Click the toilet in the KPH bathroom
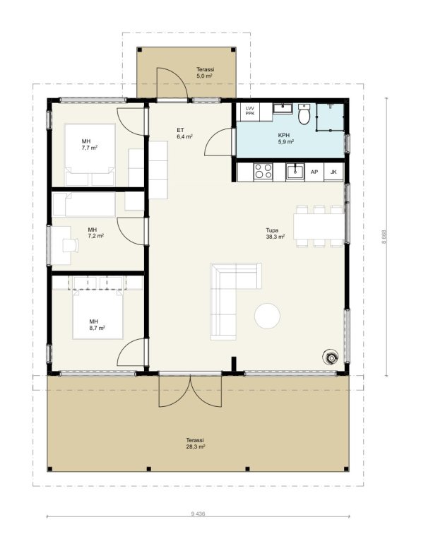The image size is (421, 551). pyautogui.click(x=304, y=114)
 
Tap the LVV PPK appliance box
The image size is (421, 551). pyautogui.click(x=249, y=111)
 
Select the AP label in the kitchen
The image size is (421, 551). pyautogui.click(x=314, y=172)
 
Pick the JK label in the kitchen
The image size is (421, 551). pyautogui.click(x=333, y=172)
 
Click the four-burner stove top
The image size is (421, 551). pyautogui.click(x=263, y=172)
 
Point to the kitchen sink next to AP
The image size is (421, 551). pyautogui.click(x=295, y=172)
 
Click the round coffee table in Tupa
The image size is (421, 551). pyautogui.click(x=267, y=316)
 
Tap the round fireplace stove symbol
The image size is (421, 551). pyautogui.click(x=331, y=357)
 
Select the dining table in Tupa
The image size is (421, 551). pyautogui.click(x=319, y=225)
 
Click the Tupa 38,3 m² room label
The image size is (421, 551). pyautogui.click(x=275, y=234)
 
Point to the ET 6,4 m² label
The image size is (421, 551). pyautogui.click(x=184, y=134)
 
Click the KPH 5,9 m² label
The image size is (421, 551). pyautogui.click(x=285, y=138)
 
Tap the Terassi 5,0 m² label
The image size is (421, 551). pyautogui.click(x=205, y=72)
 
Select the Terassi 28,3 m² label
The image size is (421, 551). pyautogui.click(x=196, y=444)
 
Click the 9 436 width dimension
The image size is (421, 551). pyautogui.click(x=198, y=514)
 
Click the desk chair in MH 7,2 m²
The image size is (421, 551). pyautogui.click(x=70, y=245)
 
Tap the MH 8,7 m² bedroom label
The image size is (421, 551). pyautogui.click(x=97, y=325)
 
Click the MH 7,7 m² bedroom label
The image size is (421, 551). pyautogui.click(x=89, y=144)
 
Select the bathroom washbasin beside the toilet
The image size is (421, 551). pyautogui.click(x=283, y=109)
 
